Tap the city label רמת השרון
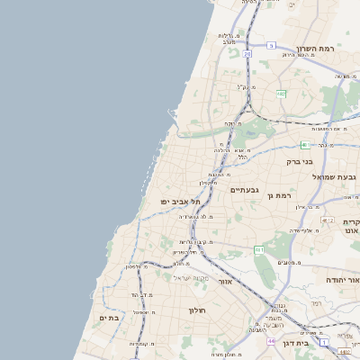click(x=315, y=49)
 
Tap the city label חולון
click(x=198, y=310)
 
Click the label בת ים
click(x=109, y=318)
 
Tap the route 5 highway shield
click(x=271, y=45)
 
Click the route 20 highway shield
click(x=247, y=54)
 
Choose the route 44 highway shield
click(x=271, y=342)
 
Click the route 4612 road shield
click(x=327, y=220)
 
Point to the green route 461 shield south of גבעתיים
click(x=258, y=249)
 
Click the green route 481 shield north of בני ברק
click(x=304, y=144)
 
